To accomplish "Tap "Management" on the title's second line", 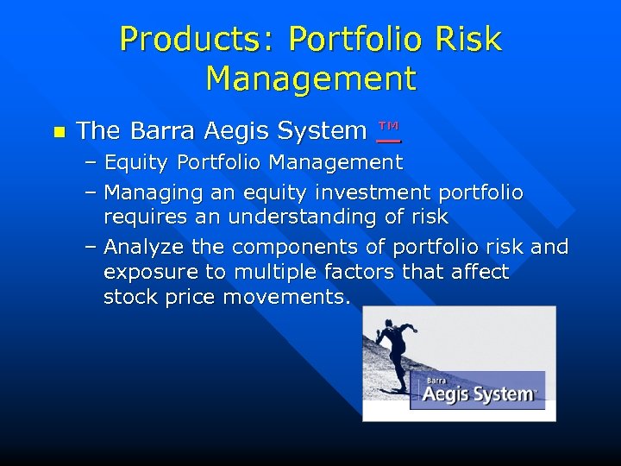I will (x=310, y=79).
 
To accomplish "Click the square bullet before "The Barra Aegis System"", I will (x=59, y=132).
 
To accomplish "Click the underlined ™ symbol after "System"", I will (x=389, y=129).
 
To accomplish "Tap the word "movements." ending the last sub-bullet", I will (x=286, y=298).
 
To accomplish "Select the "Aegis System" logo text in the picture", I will (x=479, y=395).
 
